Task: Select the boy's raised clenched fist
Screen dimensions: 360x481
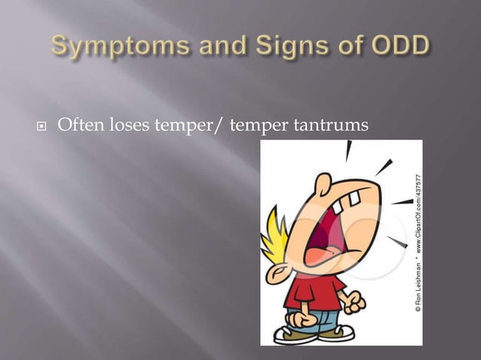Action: (x=353, y=302)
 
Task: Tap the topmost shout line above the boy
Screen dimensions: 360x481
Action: (x=348, y=151)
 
